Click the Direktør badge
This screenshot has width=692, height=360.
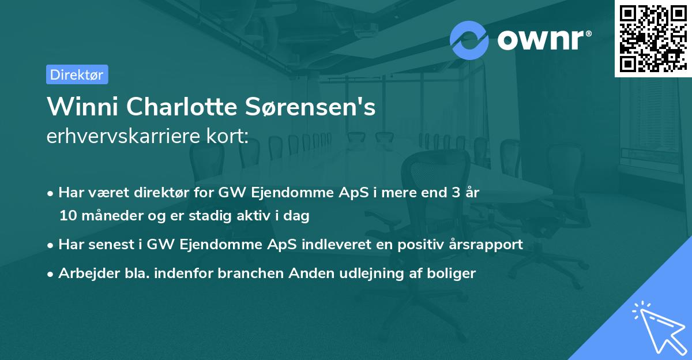[x=77, y=74]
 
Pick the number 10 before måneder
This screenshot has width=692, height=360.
[x=66, y=216]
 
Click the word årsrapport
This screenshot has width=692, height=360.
[x=488, y=245]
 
